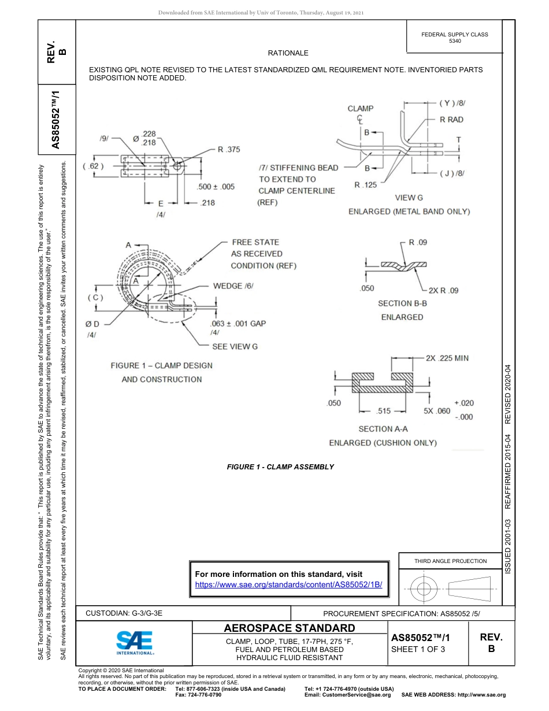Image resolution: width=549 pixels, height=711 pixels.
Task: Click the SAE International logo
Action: (135, 642)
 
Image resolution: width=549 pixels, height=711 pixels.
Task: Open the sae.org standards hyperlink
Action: (289, 584)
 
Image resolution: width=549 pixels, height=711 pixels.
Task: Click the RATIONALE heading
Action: (288, 53)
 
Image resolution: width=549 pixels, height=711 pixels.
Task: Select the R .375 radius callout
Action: (228, 149)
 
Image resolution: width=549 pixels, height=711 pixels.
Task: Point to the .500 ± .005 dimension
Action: (216, 187)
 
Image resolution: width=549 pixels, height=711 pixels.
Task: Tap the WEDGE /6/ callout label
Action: (233, 286)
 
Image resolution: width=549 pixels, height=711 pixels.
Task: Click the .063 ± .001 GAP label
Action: (238, 323)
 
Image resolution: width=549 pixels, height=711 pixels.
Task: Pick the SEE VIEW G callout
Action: (235, 346)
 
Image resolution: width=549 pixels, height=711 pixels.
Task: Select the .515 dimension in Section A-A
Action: (383, 411)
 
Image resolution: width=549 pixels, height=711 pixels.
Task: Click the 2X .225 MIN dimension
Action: (447, 358)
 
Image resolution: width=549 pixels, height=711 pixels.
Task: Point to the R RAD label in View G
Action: (451, 120)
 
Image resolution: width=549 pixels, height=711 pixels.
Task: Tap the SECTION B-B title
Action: (402, 303)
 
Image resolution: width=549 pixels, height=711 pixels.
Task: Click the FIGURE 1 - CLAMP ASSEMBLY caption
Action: (280, 466)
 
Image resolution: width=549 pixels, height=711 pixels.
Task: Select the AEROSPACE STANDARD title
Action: (289, 628)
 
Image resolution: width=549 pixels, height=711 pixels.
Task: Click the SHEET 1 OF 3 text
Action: (418, 649)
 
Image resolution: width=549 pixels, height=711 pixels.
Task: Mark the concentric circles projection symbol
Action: (424, 589)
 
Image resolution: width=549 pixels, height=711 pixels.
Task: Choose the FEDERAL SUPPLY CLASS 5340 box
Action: (455, 38)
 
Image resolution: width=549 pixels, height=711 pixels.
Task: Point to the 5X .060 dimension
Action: (436, 411)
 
